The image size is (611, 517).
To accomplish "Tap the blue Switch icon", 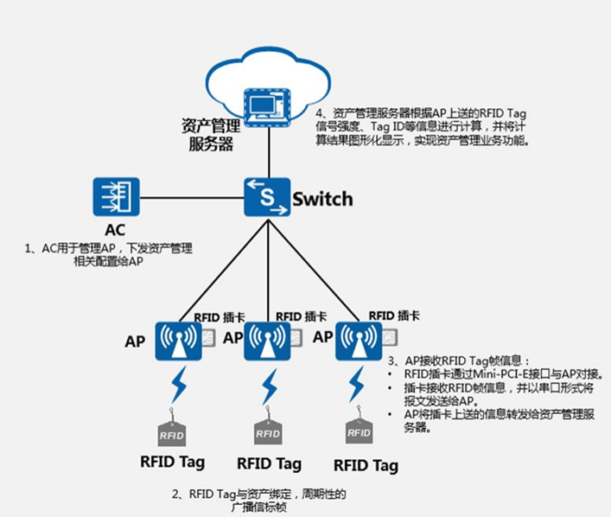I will point(267,198).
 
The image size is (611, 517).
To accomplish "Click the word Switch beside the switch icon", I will point(322,199).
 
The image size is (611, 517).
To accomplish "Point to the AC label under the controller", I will point(116,231).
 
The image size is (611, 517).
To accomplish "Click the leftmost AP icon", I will point(177,341).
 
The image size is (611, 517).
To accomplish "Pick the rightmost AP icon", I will point(357,341).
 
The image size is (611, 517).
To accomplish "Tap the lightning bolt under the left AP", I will point(178,386).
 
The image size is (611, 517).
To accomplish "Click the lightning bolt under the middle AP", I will point(270,386).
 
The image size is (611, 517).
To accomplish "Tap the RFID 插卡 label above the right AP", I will point(394,316).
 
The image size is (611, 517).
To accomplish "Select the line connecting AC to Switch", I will point(191,198).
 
